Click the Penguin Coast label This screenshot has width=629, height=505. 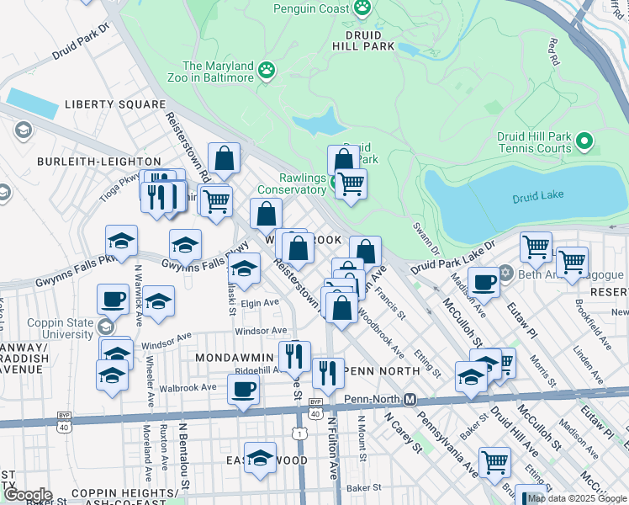click(311, 9)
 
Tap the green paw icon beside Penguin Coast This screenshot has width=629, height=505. click(362, 8)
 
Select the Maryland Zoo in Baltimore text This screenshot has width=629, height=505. click(218, 72)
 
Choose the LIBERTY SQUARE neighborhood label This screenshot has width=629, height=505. click(115, 105)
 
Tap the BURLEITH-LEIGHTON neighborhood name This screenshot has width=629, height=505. click(99, 161)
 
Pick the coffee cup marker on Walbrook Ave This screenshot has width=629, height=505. click(243, 390)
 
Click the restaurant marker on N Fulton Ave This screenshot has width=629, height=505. click(328, 371)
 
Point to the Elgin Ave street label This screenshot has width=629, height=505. click(259, 302)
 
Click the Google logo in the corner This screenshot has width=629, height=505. click(27, 495)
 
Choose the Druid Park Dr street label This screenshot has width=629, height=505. click(81, 40)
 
